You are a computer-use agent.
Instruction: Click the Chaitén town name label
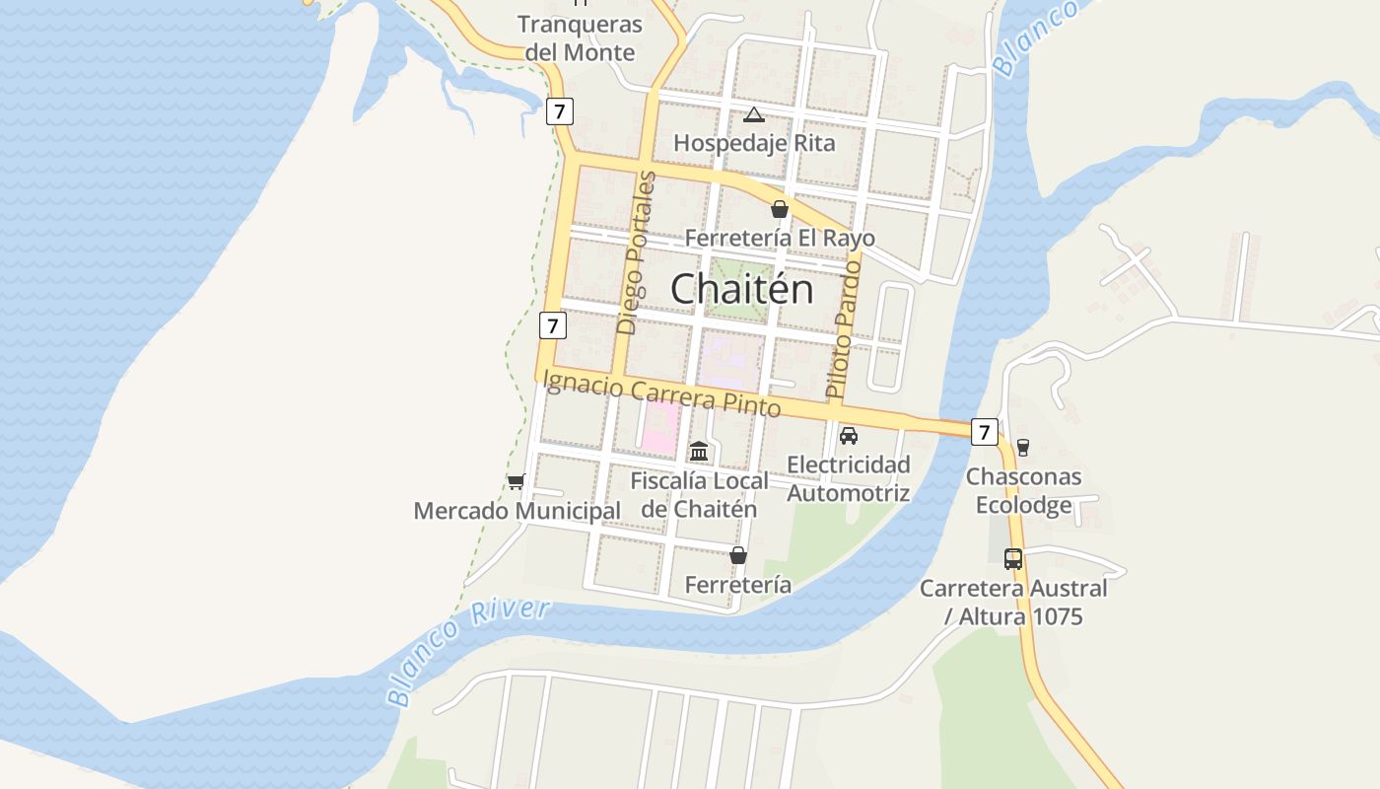tap(741, 289)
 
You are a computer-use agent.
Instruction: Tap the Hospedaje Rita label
tap(754, 143)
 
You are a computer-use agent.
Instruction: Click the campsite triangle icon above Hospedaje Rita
tap(754, 115)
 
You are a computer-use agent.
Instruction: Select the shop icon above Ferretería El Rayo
tap(780, 209)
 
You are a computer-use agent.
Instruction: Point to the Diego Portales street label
tap(635, 253)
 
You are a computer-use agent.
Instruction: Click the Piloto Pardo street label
tap(844, 329)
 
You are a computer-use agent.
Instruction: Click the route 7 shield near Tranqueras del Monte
tap(559, 111)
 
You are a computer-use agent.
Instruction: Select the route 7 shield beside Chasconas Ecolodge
tap(983, 432)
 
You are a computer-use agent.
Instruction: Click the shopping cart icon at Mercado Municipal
tap(516, 481)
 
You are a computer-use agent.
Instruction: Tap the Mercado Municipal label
tap(517, 511)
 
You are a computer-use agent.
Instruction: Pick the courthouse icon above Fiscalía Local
tap(699, 451)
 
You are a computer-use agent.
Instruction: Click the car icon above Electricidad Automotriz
tap(848, 435)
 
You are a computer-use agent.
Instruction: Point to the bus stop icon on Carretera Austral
tap(1012, 558)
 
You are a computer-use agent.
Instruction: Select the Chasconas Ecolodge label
tap(1023, 491)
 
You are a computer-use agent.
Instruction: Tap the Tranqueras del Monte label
tap(580, 38)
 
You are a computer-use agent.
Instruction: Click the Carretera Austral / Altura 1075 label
tap(1013, 603)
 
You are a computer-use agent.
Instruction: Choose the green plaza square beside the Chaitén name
tap(741, 289)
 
